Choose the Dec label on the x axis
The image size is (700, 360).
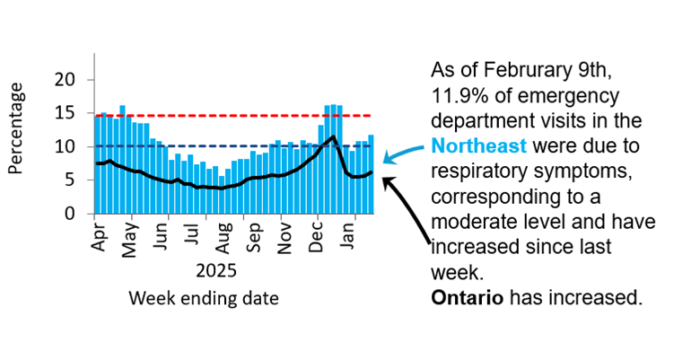pos(319,234)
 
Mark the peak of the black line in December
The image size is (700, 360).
pos(333,136)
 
